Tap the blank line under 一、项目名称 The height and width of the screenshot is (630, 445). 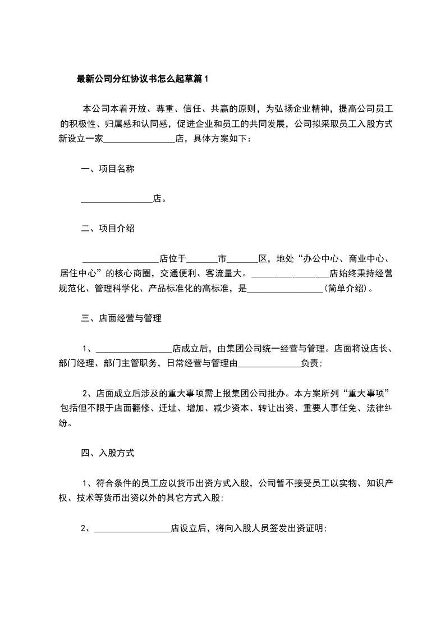(x=117, y=199)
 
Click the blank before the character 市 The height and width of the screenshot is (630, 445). (x=201, y=259)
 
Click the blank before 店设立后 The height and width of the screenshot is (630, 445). (x=132, y=529)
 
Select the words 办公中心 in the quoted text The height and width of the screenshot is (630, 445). (x=323, y=259)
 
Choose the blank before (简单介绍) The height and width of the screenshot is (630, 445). (x=285, y=290)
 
